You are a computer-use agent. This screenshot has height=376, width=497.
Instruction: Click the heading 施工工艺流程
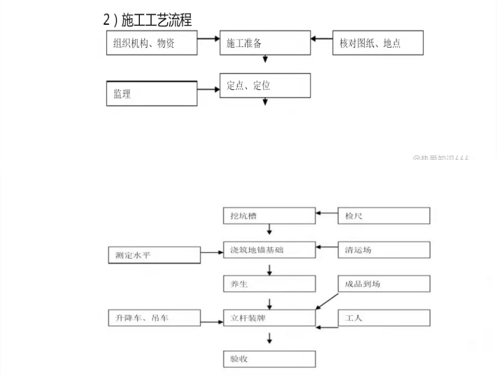(147, 20)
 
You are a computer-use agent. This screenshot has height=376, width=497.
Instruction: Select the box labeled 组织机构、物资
(151, 43)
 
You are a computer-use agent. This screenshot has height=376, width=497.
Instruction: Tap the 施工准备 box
(265, 43)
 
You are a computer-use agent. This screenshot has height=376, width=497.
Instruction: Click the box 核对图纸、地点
(378, 43)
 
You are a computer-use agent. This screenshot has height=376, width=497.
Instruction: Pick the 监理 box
(152, 94)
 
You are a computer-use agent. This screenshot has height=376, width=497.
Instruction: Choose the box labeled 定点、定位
(265, 85)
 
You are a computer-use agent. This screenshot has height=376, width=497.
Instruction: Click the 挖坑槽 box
(269, 216)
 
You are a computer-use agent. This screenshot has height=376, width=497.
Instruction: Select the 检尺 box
(384, 216)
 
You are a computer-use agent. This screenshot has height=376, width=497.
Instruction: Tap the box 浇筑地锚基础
(269, 250)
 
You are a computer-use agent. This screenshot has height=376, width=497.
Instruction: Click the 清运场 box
(384, 250)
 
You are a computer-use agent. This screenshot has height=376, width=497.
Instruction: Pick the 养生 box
(269, 284)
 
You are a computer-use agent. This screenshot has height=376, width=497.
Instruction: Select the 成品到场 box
(384, 284)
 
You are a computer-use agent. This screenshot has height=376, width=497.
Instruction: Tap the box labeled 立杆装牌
(269, 318)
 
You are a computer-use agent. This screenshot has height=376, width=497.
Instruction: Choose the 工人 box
(384, 318)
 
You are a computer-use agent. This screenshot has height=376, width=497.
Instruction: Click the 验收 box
(269, 359)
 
